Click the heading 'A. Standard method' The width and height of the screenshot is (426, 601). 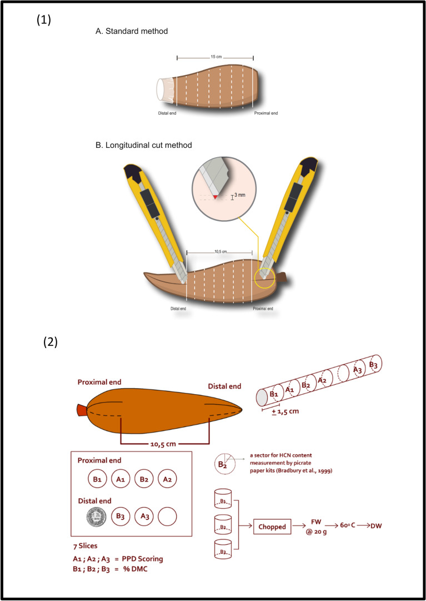click(x=132, y=32)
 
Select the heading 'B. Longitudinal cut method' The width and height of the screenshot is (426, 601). click(x=144, y=145)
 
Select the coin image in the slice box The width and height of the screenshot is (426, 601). click(x=97, y=516)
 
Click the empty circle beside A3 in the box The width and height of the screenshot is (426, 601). click(x=167, y=516)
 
